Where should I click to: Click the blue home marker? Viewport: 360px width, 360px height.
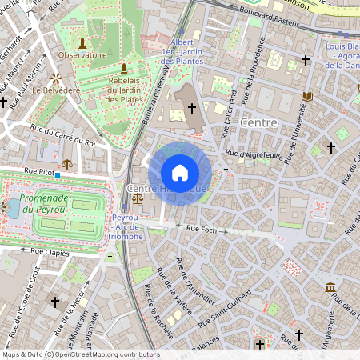pos(180,173)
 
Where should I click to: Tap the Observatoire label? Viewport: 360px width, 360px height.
pos(82,55)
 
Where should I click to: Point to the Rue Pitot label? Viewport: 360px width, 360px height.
pos(38,170)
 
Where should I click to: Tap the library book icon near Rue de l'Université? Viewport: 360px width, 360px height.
pos(307,97)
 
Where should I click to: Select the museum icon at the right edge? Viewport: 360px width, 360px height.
pos(330,287)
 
